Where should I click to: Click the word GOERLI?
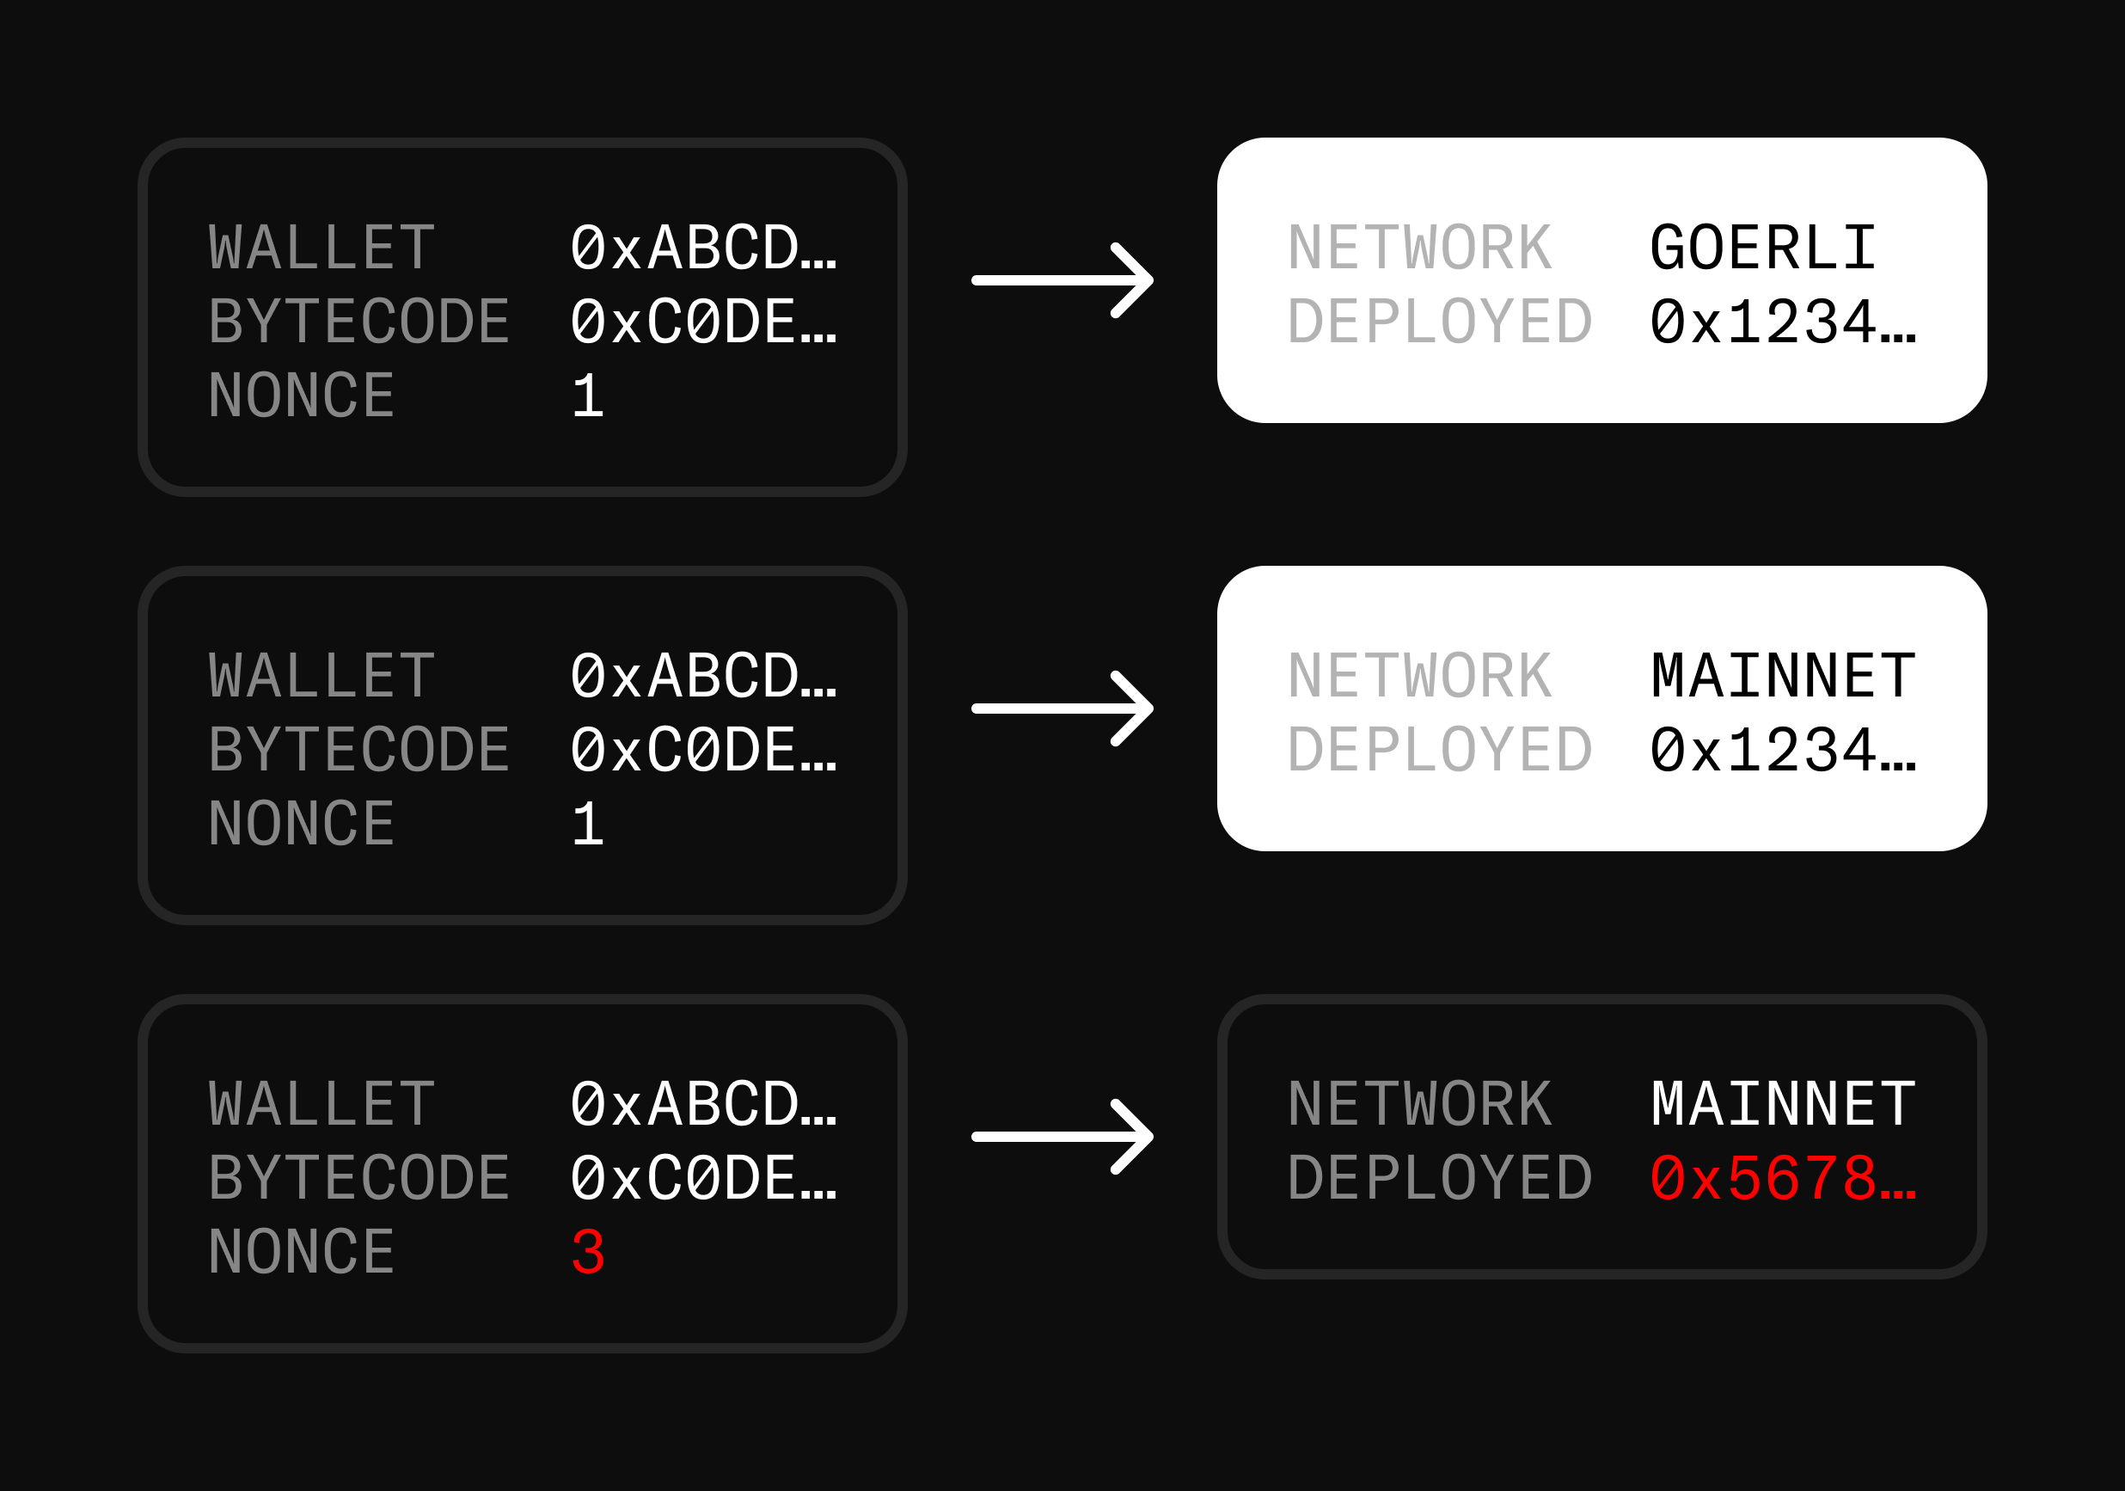click(1762, 248)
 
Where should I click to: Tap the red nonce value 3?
click(588, 1252)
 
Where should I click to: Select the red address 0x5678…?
click(1782, 1178)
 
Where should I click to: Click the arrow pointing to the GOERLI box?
click(1062, 279)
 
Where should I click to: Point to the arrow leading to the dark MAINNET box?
click(1062, 1137)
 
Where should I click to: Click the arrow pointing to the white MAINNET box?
click(1062, 708)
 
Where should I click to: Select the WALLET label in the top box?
click(322, 248)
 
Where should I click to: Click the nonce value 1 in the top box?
click(588, 396)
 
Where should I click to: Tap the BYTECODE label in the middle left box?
click(359, 750)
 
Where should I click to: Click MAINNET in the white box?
click(1783, 676)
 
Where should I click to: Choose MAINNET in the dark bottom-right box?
click(1783, 1104)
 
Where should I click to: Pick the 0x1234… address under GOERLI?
click(1782, 322)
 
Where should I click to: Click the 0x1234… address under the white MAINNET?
click(1782, 750)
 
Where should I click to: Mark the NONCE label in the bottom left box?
click(302, 1252)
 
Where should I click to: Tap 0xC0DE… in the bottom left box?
click(703, 1178)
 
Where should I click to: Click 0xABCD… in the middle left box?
click(703, 676)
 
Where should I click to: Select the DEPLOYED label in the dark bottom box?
click(1439, 1178)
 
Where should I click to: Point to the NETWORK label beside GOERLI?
click(1419, 248)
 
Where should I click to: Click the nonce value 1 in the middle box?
click(588, 824)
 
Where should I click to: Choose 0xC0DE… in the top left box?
click(703, 322)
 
